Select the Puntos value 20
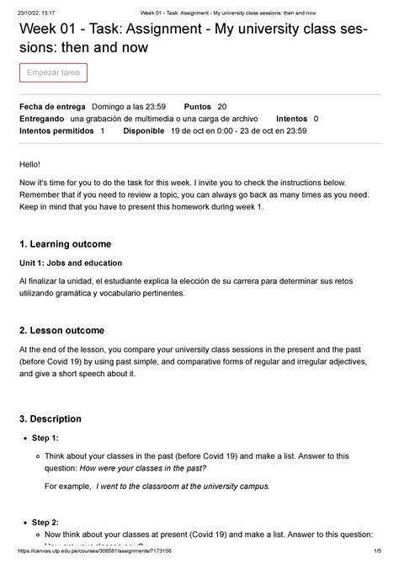tap(222, 107)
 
